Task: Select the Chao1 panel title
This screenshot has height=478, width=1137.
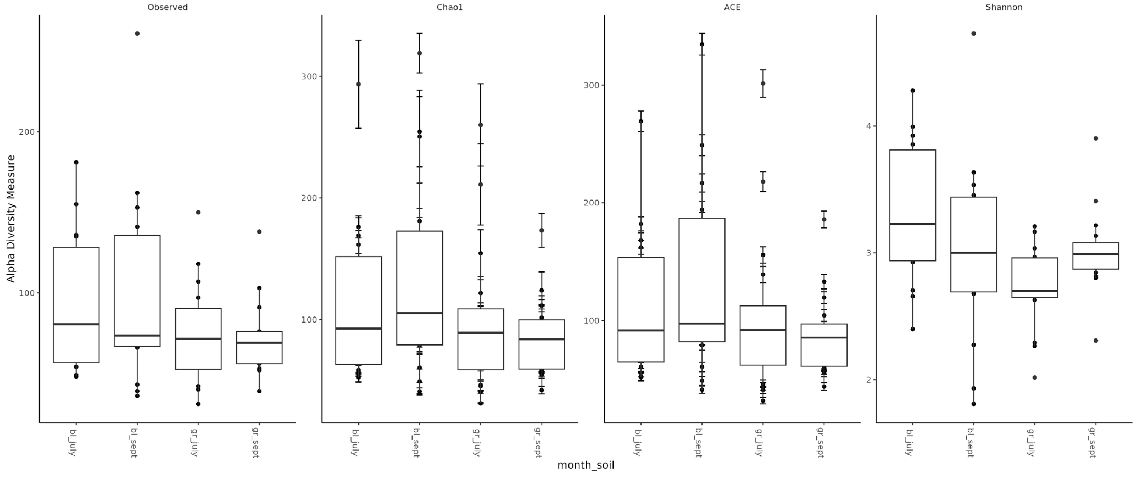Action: point(450,7)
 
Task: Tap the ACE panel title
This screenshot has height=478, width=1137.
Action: point(732,7)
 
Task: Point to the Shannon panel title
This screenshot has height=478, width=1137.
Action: point(1004,7)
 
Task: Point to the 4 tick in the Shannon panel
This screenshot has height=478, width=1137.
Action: point(869,126)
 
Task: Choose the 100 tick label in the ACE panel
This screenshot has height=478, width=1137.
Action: point(592,320)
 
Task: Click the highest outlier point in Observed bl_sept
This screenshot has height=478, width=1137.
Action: point(137,34)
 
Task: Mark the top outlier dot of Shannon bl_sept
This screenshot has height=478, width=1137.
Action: point(974,34)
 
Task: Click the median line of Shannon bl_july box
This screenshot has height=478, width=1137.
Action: point(913,224)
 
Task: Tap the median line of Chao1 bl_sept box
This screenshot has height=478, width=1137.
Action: point(420,313)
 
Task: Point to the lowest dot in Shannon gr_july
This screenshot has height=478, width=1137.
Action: point(1035,377)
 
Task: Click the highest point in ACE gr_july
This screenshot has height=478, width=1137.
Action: point(763,84)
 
